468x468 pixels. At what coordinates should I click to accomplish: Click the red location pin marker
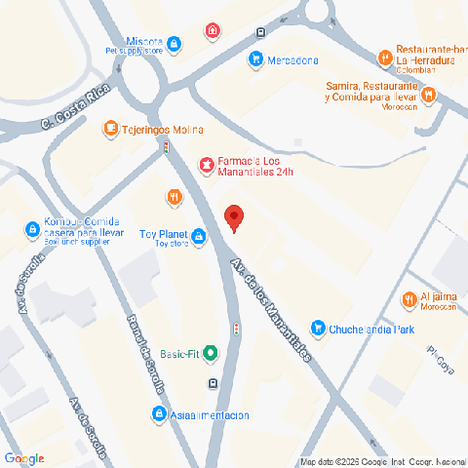[233, 218]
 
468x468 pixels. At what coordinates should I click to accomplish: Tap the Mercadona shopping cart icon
[255, 59]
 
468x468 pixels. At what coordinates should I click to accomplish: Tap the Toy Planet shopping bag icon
[199, 236]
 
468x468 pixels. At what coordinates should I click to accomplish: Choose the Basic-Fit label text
[179, 353]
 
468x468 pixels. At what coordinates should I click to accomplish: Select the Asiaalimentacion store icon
[158, 415]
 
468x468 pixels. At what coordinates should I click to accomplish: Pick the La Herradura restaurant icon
[385, 54]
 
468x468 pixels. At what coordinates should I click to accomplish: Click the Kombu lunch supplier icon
[32, 230]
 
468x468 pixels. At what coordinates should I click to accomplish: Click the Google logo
[24, 458]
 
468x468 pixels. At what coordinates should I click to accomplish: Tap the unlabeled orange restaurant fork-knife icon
[174, 198]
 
